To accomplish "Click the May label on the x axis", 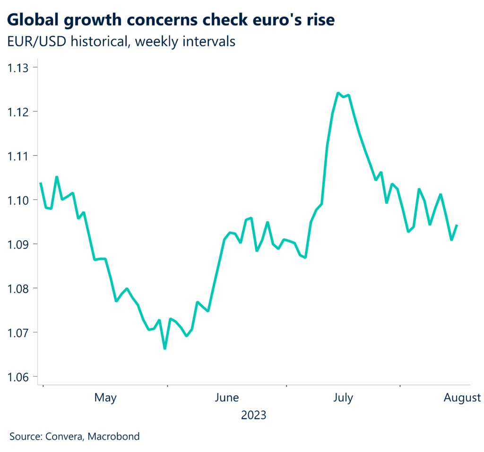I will click(105, 398).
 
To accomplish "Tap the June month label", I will click(226, 398).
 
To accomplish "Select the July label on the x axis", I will click(343, 398).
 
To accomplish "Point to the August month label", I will click(462, 398).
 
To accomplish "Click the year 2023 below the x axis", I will click(254, 416).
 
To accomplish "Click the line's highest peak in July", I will click(338, 93).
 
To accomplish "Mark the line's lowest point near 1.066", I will click(164, 349).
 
